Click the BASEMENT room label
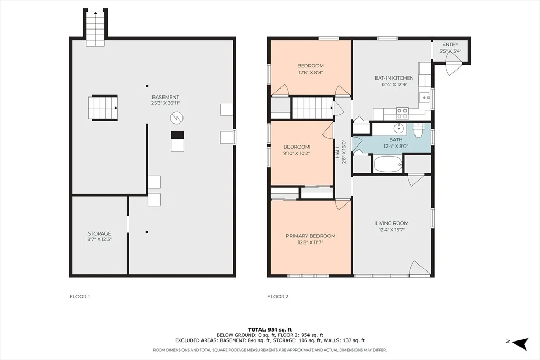click(165, 97)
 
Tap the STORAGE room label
click(99, 233)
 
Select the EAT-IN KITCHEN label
click(394, 78)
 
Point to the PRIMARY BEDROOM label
click(311, 236)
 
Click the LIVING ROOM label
click(392, 223)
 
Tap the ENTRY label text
click(450, 44)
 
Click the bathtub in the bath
click(388, 164)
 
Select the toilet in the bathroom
click(418, 130)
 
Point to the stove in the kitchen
click(402, 113)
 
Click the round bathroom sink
click(399, 129)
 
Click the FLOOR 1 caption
click(80, 296)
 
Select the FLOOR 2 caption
click(278, 296)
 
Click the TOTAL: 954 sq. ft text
click(270, 330)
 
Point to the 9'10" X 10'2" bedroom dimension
click(297, 153)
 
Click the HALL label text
click(337, 151)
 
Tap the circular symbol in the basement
click(177, 118)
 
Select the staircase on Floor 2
click(312, 108)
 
